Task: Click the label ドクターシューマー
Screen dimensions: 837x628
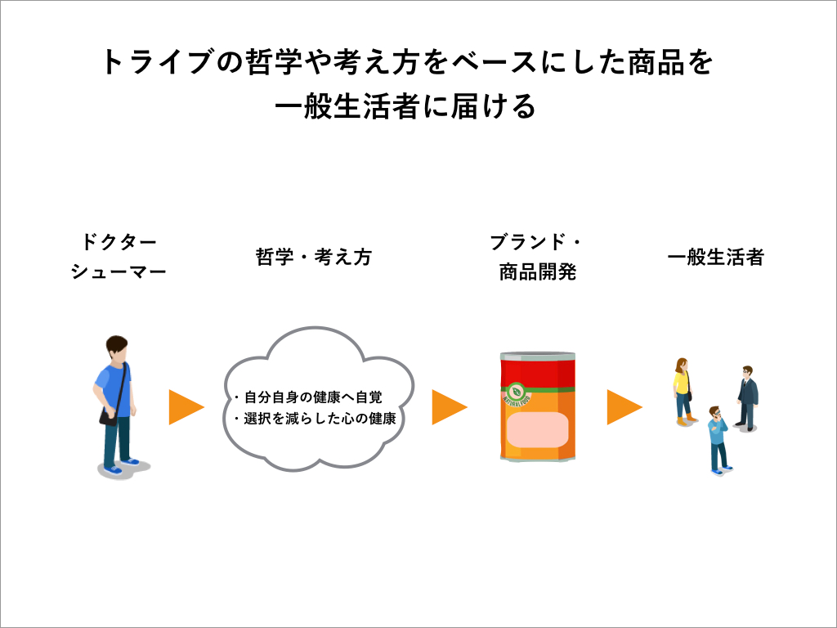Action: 119,257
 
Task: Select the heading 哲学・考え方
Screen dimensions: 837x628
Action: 313,257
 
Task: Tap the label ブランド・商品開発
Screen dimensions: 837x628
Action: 537,257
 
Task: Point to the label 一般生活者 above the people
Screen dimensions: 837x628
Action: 715,257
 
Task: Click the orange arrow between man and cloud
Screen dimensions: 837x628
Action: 185,407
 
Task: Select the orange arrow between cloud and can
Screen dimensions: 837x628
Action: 448,407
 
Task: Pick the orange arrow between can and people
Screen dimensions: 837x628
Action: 623,407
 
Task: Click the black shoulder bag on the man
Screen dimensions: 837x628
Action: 109,416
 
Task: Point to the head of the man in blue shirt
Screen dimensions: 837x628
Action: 117,349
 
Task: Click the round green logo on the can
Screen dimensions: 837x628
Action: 517,391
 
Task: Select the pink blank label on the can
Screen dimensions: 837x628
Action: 537,430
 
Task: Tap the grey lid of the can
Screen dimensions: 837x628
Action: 538,355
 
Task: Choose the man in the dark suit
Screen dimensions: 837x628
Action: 746,398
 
